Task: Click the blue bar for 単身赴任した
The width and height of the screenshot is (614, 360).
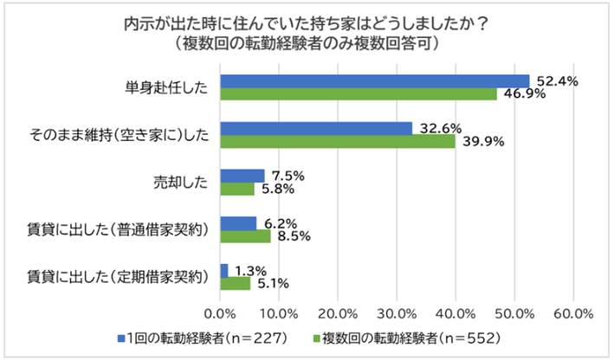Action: coord(374,81)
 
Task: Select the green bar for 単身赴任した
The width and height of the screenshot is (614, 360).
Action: coord(359,93)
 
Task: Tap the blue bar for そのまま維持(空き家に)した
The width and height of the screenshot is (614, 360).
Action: coord(316,128)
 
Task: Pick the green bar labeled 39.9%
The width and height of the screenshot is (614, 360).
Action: coord(338,141)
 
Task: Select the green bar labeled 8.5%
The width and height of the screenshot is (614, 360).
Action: coord(245,235)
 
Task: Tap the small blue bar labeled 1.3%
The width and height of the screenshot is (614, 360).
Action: coord(224,270)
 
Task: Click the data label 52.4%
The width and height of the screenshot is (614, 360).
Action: coord(557,80)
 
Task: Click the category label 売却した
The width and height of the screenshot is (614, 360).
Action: coord(179,182)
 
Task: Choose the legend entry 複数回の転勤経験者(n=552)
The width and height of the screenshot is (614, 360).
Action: coord(416,337)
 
